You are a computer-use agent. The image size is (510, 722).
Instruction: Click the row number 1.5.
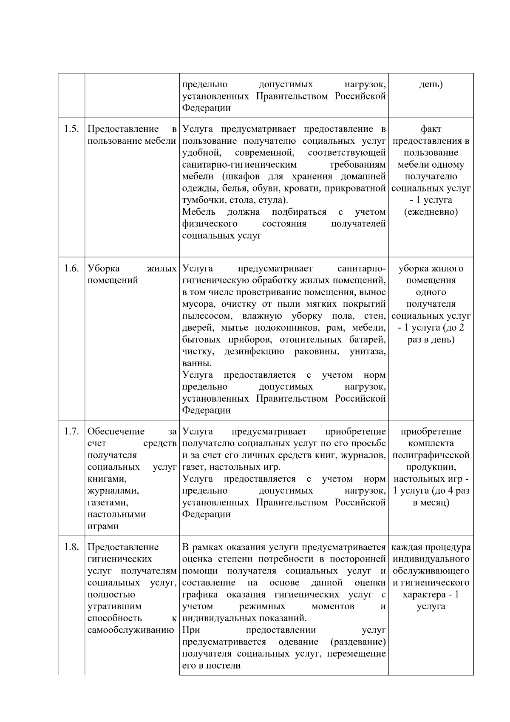[x=71, y=129]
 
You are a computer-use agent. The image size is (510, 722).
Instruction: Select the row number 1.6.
[x=71, y=268]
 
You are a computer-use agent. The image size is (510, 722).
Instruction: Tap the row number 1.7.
[x=71, y=432]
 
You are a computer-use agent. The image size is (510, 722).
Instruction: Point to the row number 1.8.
[x=71, y=547]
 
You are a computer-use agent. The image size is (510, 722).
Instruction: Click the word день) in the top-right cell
[x=431, y=84]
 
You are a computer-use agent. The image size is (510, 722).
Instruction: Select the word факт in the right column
[x=431, y=129]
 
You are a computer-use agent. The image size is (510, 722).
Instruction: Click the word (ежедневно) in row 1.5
[x=431, y=212]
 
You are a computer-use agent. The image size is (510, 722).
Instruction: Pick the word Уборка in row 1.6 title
[x=104, y=268]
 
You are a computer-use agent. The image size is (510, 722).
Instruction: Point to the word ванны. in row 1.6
[x=197, y=364]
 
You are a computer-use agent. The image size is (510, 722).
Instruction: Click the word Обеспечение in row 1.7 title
[x=116, y=432]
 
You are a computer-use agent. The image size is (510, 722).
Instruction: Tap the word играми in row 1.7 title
[x=103, y=526]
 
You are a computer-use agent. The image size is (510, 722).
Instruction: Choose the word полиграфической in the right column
[x=431, y=455]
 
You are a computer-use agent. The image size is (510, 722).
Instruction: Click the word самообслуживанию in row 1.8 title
[x=131, y=630]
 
